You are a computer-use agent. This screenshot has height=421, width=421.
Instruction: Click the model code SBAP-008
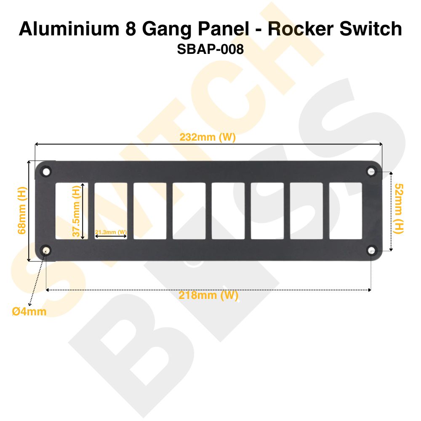(x=210, y=49)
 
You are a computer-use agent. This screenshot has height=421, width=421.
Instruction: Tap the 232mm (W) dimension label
(x=207, y=137)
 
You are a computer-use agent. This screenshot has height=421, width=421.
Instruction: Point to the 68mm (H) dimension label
(x=21, y=210)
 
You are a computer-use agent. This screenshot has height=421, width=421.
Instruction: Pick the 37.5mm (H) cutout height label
(x=76, y=212)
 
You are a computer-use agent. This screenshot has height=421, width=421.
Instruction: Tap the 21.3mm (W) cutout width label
(x=111, y=232)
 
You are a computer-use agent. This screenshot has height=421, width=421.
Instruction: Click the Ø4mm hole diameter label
(x=29, y=312)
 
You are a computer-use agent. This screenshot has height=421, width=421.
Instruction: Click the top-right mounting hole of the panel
(x=371, y=171)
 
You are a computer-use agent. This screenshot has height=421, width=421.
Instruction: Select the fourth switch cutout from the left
(x=189, y=210)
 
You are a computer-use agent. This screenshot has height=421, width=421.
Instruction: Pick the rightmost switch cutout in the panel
(x=345, y=210)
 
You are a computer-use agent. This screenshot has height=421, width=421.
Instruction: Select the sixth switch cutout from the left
(x=267, y=210)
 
